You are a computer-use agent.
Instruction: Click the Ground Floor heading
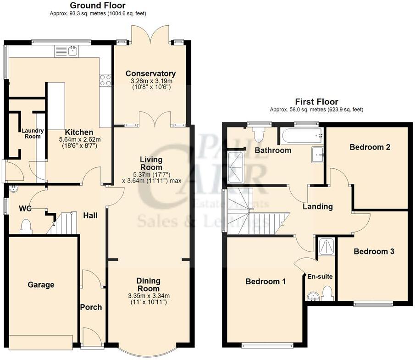coord(97,6)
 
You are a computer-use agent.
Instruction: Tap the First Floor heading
coord(316,102)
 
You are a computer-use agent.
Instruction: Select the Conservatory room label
coord(150,73)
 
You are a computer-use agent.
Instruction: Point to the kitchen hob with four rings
coord(105,80)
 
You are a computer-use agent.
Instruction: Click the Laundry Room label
coord(33,133)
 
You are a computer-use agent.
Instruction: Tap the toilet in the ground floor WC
coord(26,226)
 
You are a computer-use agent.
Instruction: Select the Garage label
coord(40,285)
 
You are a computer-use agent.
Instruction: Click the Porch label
coord(91,307)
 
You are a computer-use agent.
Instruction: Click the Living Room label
coord(151,163)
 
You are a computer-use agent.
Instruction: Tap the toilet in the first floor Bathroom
coord(259,134)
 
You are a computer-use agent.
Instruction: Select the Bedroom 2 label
coord(370,147)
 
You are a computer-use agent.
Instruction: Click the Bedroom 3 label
coord(374,251)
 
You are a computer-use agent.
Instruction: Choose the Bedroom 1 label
coord(266,282)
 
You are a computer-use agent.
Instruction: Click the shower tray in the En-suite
coord(327,247)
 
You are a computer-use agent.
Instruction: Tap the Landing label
coord(317,207)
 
